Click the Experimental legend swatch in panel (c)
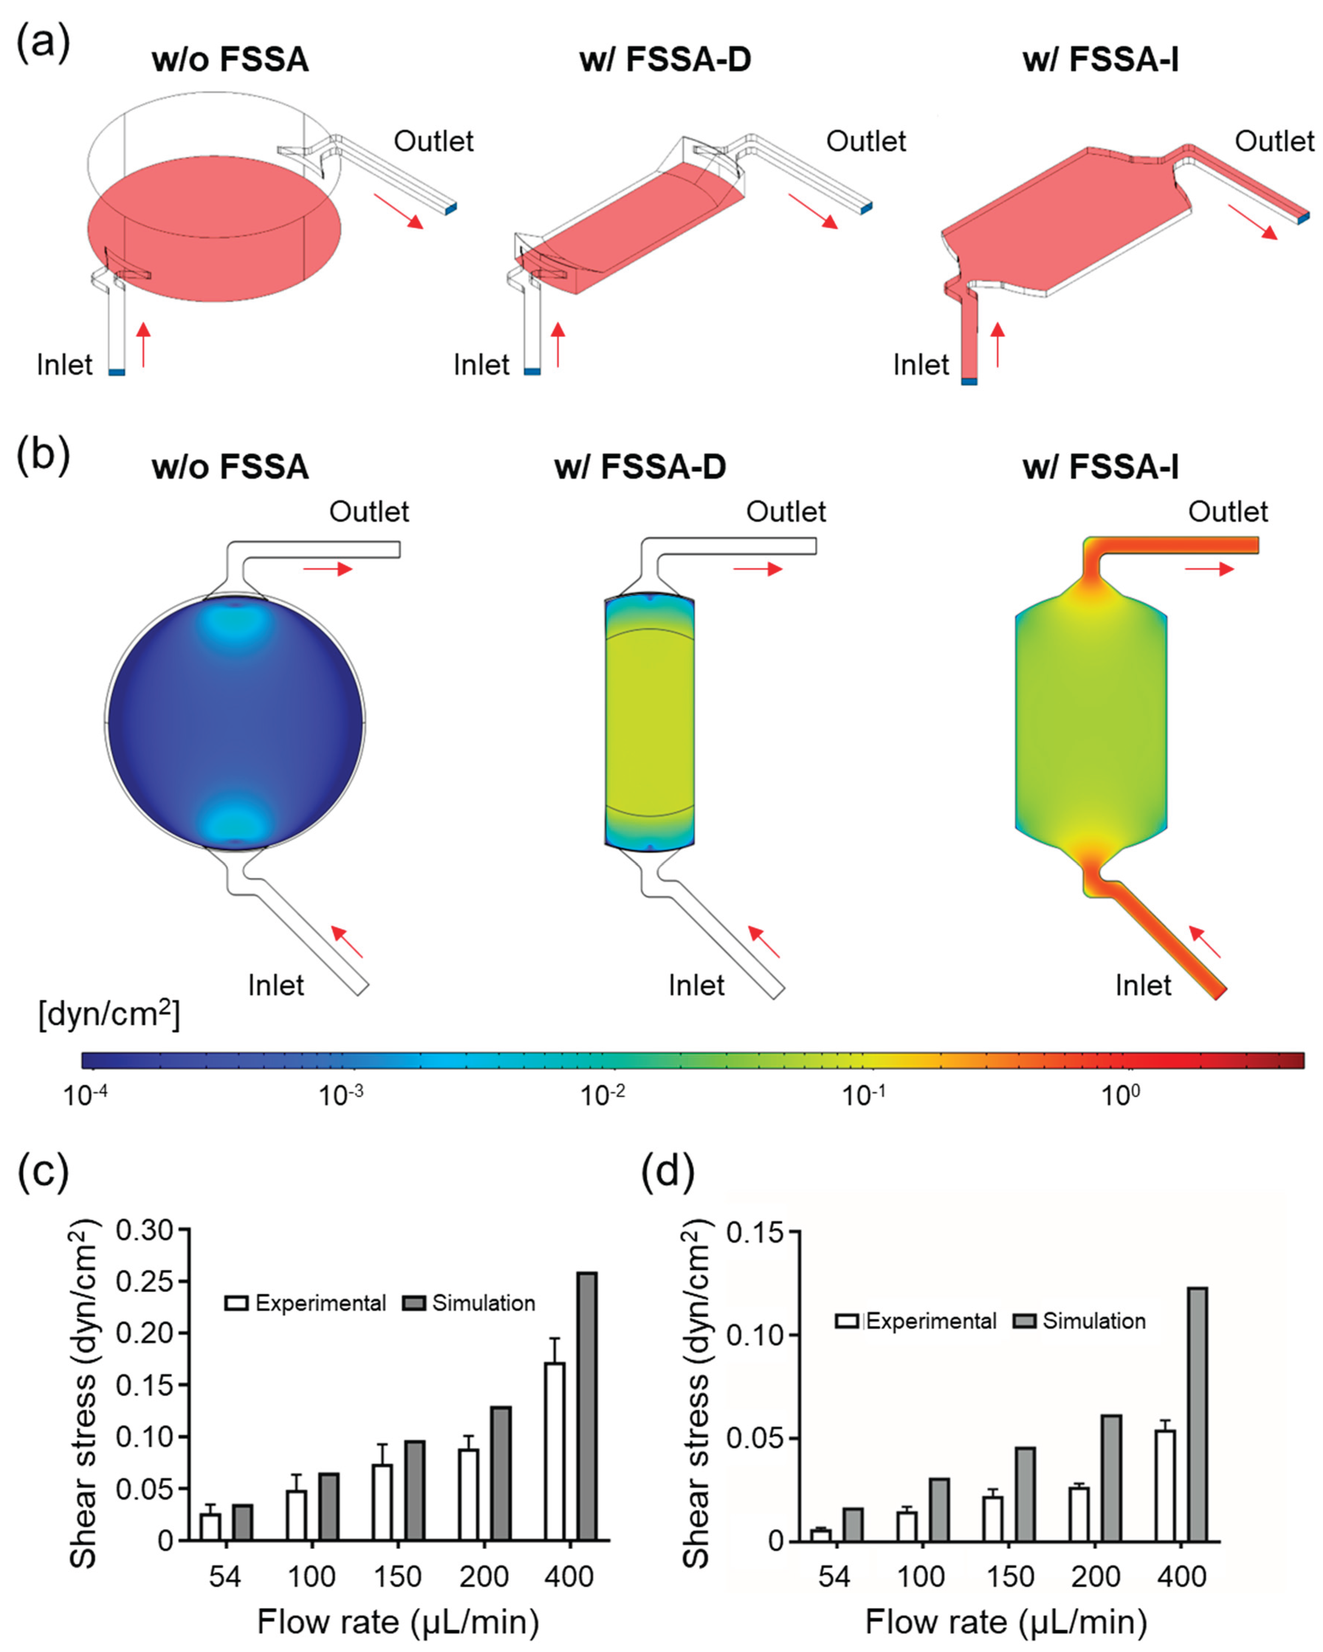[x=237, y=1304]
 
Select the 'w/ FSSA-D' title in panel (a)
[x=665, y=60]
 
